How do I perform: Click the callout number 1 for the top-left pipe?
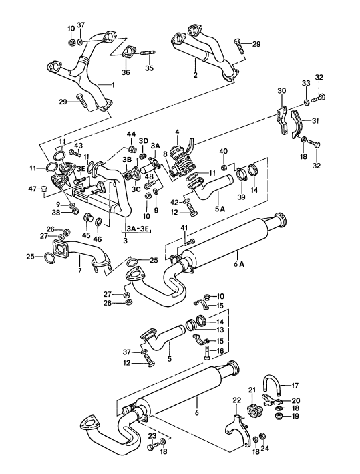(x=113, y=85)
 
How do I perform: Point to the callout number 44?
(x=132, y=134)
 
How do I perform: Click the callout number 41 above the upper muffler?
(x=182, y=229)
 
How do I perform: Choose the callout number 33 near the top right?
(x=306, y=83)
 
